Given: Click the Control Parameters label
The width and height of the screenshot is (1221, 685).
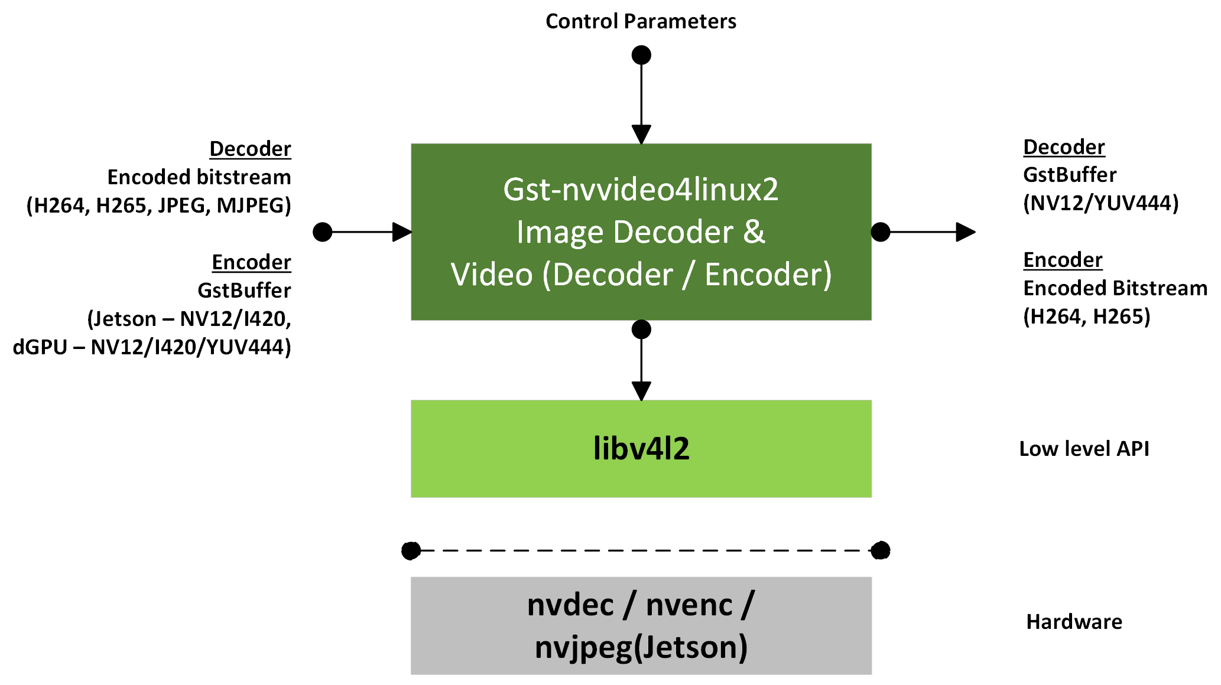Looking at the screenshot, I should [641, 21].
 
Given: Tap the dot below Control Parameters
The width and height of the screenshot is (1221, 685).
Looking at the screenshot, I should [641, 56].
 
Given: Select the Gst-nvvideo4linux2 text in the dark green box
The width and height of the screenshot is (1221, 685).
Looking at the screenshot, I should [641, 190].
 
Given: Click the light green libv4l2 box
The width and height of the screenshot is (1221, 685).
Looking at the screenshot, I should [641, 449].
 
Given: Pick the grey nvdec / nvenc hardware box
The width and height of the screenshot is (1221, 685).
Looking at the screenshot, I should [641, 625].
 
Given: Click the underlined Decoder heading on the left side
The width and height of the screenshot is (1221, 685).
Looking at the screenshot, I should [250, 149].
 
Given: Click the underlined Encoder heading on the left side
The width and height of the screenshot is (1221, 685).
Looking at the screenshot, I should [251, 262].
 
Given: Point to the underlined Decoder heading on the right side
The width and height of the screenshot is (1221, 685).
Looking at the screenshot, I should [1064, 147].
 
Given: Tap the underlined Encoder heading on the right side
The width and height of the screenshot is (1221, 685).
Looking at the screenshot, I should [1063, 260].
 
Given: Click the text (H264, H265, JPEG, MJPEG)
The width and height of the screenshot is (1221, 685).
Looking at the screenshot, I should [158, 206].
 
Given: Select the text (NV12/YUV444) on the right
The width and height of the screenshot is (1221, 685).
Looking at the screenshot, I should [1100, 203].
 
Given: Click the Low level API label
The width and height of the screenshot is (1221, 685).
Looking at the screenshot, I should [1084, 449].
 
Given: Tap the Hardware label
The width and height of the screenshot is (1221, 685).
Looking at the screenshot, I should [1074, 622].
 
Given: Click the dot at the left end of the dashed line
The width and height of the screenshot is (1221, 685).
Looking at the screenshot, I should [411, 551].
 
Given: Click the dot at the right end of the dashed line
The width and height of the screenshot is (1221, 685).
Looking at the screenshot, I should [881, 551].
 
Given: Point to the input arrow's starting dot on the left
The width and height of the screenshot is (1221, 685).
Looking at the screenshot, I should [322, 232].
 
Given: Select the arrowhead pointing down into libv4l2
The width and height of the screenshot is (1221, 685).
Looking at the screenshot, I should [641, 390].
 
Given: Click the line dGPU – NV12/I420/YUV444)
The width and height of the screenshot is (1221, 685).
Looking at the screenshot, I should [152, 347].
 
